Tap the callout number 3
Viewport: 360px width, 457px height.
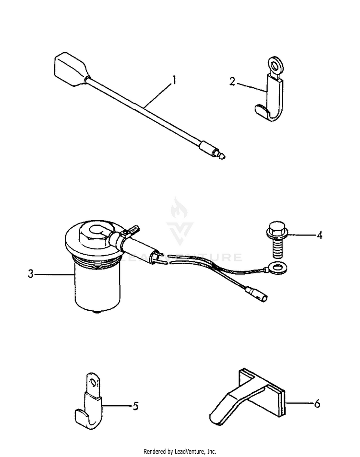30,274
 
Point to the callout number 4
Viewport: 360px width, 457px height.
319,235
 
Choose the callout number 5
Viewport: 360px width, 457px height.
135,406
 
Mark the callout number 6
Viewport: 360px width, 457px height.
317,404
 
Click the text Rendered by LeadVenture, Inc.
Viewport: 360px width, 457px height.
180,452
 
